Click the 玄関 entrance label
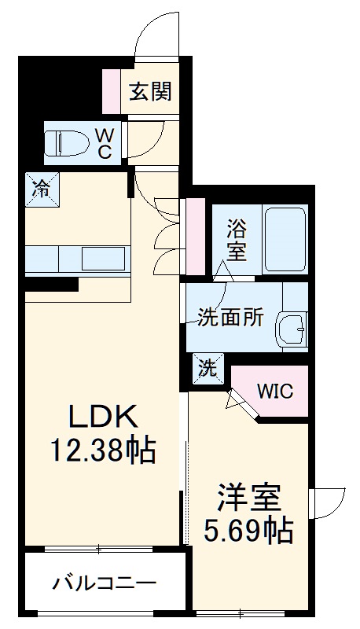click(x=151, y=92)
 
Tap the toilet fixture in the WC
click(x=62, y=144)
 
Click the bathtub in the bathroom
click(x=284, y=239)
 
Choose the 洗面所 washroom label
click(x=230, y=318)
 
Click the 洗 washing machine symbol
click(x=207, y=367)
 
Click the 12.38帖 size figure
click(x=101, y=451)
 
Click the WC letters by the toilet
click(x=104, y=144)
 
